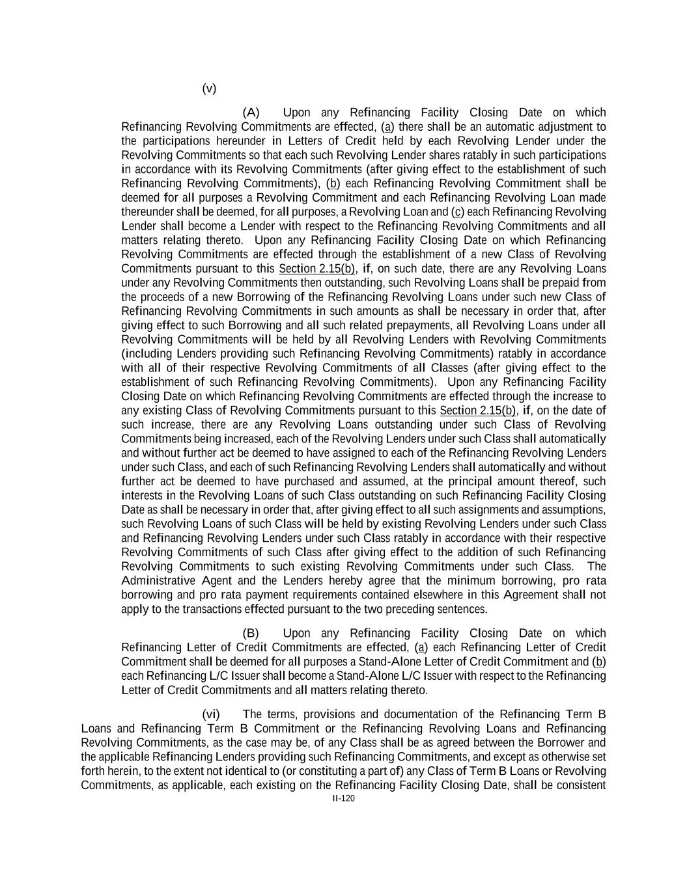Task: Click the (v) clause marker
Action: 208,88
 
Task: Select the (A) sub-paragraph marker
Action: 251,113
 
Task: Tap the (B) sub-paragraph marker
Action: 251,634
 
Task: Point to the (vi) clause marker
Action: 211,714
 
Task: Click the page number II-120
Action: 344,799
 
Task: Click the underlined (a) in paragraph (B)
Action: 421,648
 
